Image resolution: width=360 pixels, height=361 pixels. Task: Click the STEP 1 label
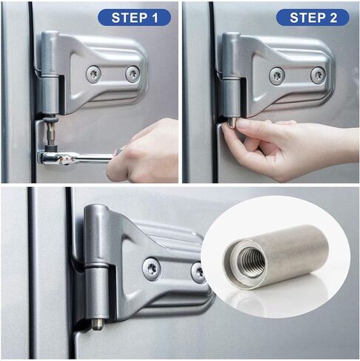point(134,18)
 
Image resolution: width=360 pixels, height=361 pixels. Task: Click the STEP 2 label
point(313,18)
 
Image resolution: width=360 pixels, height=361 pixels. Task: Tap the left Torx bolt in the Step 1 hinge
point(93,73)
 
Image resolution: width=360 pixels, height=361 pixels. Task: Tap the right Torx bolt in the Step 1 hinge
point(133,73)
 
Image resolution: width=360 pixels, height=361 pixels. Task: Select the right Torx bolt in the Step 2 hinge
point(318,75)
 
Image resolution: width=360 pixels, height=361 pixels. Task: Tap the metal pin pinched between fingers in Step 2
point(231,122)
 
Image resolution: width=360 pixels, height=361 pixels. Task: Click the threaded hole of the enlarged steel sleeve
point(251,263)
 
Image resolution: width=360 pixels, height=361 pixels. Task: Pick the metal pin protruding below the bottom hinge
point(97,324)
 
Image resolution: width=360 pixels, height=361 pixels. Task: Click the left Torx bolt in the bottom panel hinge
point(152,269)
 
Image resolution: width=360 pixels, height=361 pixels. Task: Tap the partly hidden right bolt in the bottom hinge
point(197,272)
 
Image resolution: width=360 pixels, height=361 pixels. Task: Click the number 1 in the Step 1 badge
point(155,18)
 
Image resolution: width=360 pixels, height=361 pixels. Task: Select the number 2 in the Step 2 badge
point(333,18)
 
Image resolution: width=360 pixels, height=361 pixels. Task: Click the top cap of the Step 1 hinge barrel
point(50,35)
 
